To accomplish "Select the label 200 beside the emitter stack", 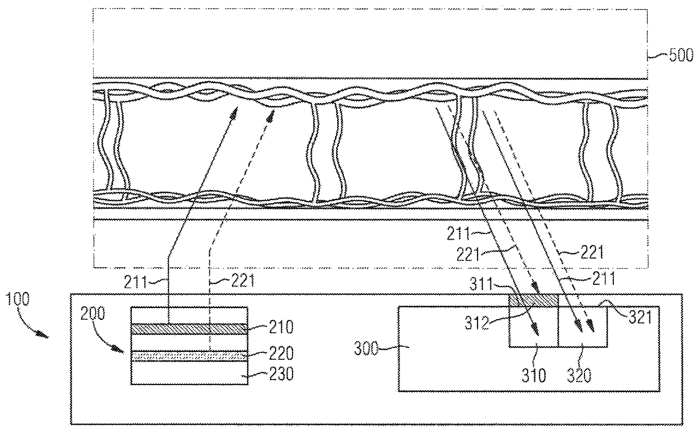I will (x=93, y=314).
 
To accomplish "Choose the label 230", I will (x=266, y=374).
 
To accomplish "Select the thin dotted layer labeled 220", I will (x=188, y=356).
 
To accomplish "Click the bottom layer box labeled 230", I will (x=188, y=373).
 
